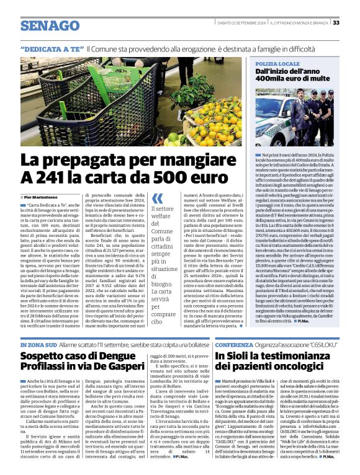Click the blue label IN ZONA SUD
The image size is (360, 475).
38,344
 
